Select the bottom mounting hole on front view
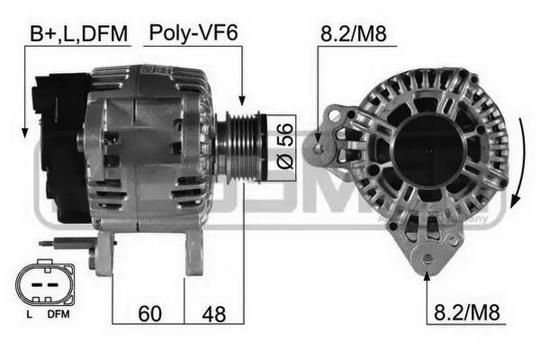[x=427, y=262]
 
